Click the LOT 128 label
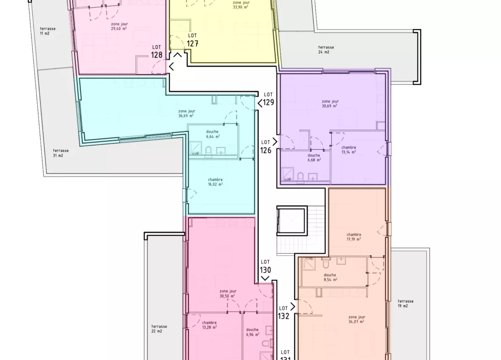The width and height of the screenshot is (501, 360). click(157, 51)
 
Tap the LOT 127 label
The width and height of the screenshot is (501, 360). click(192, 40)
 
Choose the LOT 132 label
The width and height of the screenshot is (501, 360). click(284, 313)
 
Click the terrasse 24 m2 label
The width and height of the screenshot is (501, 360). click(326, 50)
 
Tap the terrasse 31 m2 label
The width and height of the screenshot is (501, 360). click(61, 153)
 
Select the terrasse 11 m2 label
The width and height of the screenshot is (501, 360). click(47, 31)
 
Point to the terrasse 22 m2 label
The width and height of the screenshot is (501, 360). click(159, 329)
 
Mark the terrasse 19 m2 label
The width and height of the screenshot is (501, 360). click(405, 303)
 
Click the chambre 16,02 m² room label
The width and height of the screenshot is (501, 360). click(215, 182)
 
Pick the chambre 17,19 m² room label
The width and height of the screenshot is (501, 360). click(354, 237)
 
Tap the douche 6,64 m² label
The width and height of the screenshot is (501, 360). click(212, 134)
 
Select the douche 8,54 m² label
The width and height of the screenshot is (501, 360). click(330, 277)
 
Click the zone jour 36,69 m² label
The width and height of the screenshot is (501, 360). click(186, 113)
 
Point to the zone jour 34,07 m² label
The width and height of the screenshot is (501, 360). click(357, 319)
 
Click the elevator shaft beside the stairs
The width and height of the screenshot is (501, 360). click(291, 220)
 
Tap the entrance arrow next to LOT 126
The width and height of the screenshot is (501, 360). click(275, 142)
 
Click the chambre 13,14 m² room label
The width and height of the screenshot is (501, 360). click(348, 150)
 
